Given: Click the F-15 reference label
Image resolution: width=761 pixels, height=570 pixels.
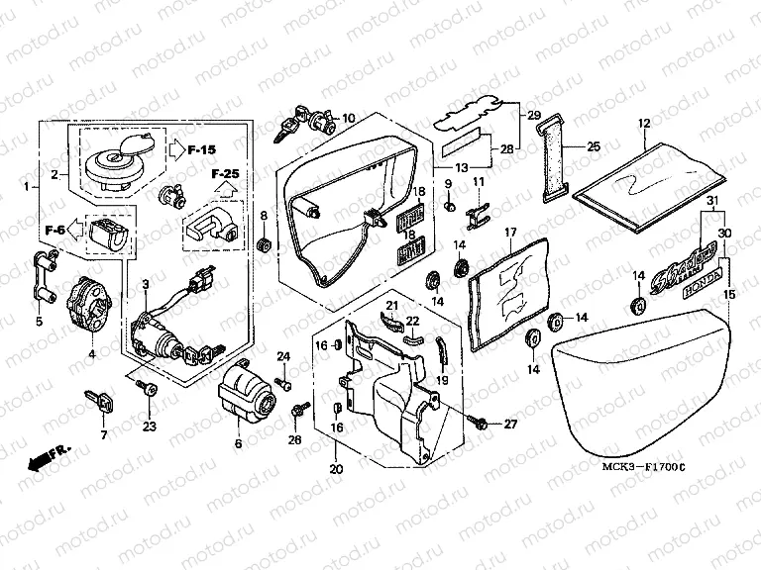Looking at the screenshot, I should point(201,150).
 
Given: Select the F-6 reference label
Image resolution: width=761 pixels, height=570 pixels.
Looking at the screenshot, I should point(55,230).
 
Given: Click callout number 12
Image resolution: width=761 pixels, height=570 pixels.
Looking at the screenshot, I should point(643,124).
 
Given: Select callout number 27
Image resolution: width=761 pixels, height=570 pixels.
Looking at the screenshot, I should point(510,424).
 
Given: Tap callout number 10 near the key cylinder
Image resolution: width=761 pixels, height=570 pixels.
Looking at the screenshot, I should point(348,119).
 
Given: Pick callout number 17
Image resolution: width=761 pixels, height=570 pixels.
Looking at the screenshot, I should point(512,234).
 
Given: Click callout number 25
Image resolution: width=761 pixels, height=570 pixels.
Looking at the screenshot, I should point(594,146).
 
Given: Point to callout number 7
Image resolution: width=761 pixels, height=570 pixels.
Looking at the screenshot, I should point(102,434).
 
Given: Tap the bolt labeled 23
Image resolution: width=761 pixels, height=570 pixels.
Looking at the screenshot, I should point(150,392).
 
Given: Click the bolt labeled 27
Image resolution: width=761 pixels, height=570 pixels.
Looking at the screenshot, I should point(481,423).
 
